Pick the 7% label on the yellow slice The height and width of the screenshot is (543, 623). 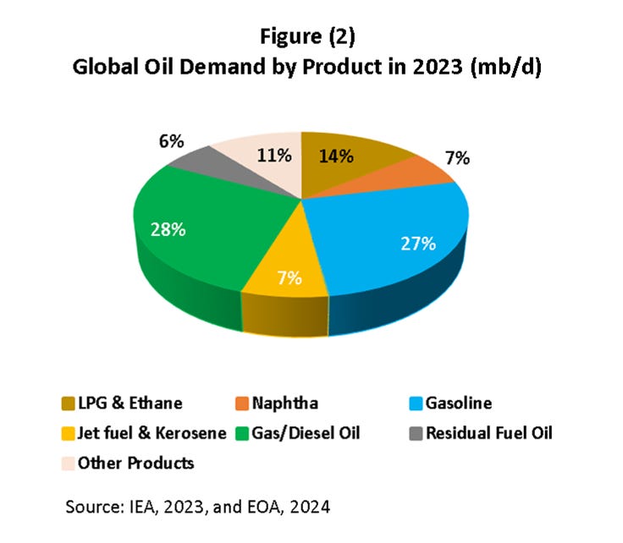[289, 277]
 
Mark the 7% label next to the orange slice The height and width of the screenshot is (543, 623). [458, 158]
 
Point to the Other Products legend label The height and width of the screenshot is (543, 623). [135, 463]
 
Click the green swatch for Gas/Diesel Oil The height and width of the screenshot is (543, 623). [241, 434]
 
